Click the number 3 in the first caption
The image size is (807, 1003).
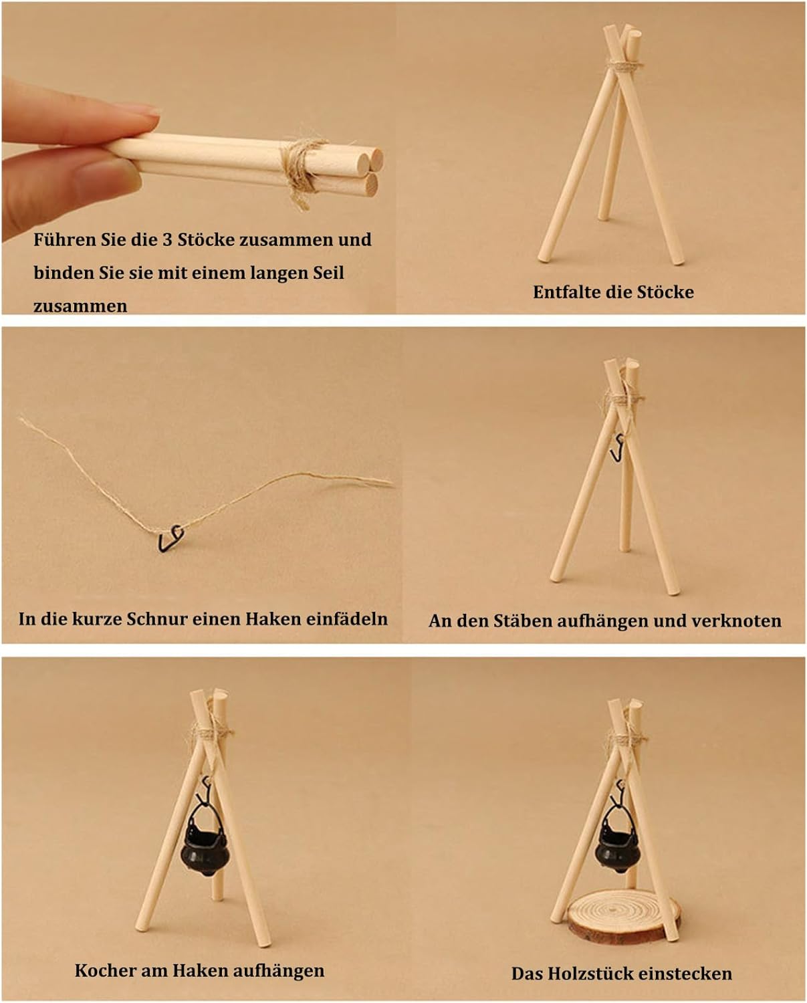pyautogui.click(x=167, y=239)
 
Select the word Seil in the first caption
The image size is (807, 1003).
pyautogui.click(x=328, y=273)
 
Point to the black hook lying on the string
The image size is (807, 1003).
pyautogui.click(x=170, y=538)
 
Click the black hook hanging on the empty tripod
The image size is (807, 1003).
pyautogui.click(x=618, y=447)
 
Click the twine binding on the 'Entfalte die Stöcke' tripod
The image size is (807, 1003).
pyautogui.click(x=624, y=67)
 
